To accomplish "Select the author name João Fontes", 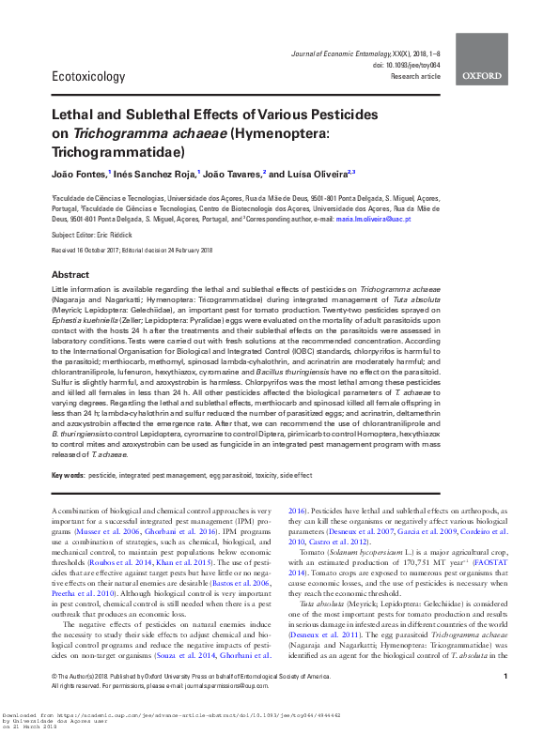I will (78, 174).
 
